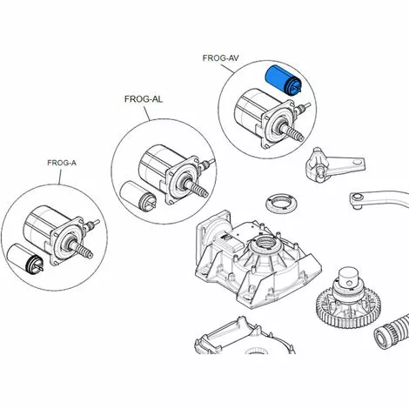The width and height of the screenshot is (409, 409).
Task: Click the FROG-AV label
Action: (220, 58)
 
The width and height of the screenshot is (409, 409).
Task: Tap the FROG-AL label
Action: (144, 99)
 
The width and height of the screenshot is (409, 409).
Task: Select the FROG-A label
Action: (62, 163)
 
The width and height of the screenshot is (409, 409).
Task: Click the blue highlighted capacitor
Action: (284, 80)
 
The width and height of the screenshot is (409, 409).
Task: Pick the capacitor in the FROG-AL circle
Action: (138, 195)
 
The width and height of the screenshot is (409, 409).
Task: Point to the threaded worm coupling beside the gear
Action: (392, 333)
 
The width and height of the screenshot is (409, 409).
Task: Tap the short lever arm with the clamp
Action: (334, 164)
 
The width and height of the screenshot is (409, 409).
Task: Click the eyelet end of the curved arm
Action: (357, 199)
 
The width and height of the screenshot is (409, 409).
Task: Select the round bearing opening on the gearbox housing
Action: (266, 243)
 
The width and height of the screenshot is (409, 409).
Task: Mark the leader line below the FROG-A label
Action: (60, 177)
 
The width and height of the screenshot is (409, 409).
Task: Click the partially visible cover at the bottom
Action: (245, 337)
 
